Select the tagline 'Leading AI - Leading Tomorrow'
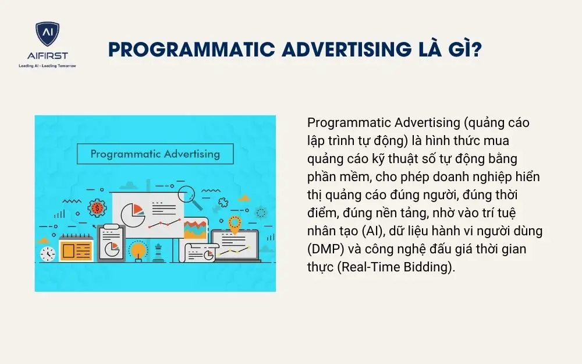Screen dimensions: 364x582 (47, 66)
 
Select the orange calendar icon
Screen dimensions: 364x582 (76, 249)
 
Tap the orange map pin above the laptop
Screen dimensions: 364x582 (235, 224)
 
